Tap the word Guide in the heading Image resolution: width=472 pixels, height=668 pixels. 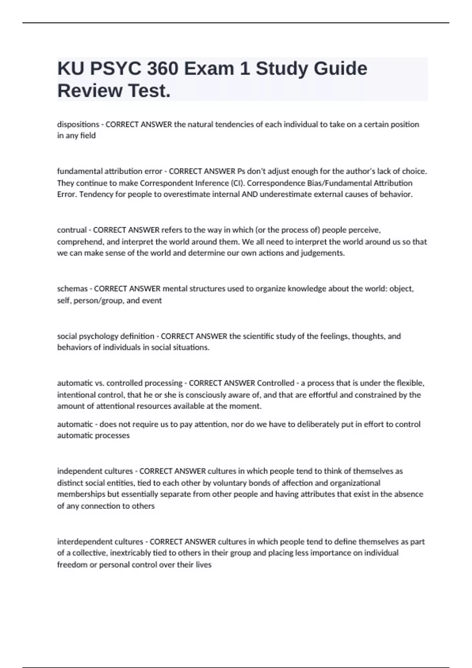click(x=340, y=69)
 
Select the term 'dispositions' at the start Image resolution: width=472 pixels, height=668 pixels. click(x=78, y=125)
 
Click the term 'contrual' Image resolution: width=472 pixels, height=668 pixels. click(x=72, y=230)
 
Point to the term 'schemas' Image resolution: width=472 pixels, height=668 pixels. click(x=72, y=289)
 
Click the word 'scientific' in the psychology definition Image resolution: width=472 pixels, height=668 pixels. click(x=259, y=336)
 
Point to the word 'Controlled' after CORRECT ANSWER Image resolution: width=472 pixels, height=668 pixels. click(x=275, y=383)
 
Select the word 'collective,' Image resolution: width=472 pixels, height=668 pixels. click(x=89, y=553)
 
